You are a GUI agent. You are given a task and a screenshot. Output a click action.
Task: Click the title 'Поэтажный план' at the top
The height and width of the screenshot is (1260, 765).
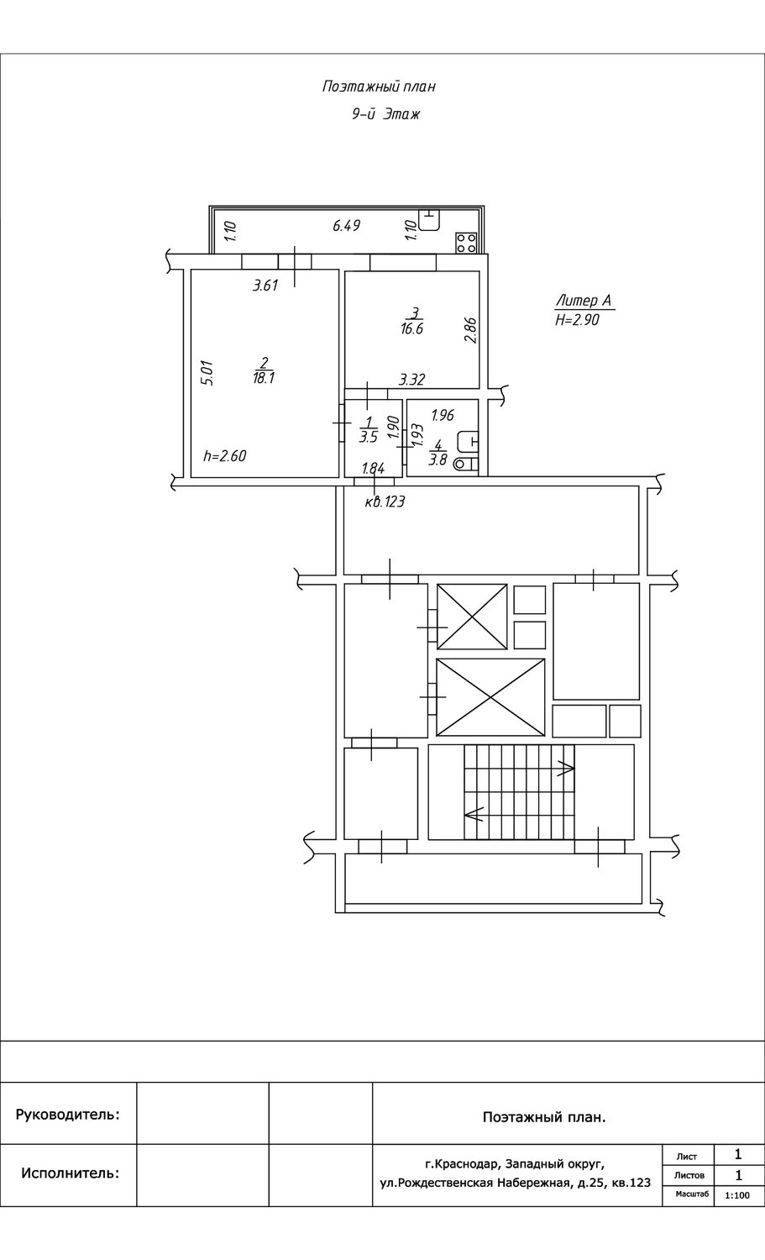coord(379,87)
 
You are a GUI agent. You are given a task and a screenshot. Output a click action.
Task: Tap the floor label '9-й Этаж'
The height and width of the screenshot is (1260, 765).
coord(386,114)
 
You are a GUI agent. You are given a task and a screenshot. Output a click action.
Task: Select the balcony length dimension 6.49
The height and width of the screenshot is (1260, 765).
coord(347,226)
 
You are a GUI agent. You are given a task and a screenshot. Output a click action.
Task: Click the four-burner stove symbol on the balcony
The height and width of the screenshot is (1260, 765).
coord(467,243)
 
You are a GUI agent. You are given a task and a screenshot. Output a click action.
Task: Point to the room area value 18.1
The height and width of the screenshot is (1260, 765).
coord(263,378)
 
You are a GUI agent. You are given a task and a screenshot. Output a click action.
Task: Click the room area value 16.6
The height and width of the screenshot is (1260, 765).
coord(411,329)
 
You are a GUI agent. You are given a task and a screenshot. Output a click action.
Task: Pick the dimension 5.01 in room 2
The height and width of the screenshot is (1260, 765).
coord(207,372)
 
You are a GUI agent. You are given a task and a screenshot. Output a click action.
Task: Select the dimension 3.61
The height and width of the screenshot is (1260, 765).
coord(265,286)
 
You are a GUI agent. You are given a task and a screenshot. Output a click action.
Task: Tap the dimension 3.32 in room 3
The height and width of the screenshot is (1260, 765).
coord(411,380)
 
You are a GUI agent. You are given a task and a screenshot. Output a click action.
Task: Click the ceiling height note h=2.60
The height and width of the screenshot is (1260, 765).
coord(225,455)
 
